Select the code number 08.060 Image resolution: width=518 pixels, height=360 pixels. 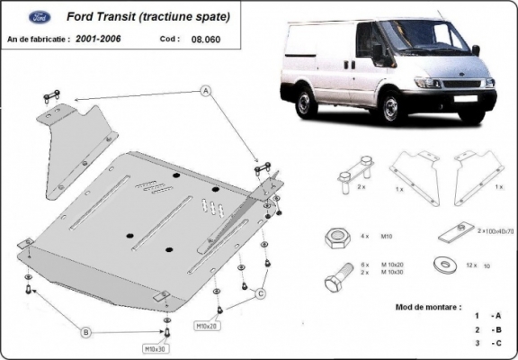205,40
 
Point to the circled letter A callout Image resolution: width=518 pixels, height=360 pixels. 204,91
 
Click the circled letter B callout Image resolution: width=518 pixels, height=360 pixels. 86,332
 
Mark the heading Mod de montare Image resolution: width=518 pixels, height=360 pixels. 427,307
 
